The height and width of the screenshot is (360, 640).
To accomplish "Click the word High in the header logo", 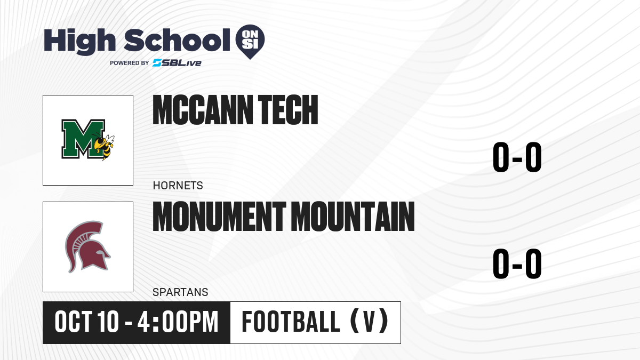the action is click(80, 42).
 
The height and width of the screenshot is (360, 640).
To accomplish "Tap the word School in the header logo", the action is click(177, 40).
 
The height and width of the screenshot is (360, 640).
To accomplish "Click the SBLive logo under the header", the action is click(177, 63).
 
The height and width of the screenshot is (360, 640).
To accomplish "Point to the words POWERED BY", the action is click(130, 63).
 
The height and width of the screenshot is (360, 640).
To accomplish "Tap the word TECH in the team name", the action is click(288, 110).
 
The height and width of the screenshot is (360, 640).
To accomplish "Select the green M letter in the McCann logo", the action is click(83, 139).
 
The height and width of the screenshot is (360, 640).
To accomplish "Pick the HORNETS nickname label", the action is click(178, 186).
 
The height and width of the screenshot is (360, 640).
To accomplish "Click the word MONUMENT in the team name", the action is click(219, 217).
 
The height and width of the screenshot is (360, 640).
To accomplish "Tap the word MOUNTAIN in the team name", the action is click(353, 217).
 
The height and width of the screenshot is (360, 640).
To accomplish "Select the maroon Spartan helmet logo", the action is click(87, 247).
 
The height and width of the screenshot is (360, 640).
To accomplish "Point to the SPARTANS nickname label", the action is click(180, 292).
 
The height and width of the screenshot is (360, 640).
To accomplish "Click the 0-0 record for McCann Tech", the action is click(517, 157).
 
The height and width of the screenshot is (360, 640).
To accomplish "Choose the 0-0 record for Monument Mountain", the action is click(517, 263).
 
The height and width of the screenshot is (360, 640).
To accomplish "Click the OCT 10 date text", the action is click(86, 322).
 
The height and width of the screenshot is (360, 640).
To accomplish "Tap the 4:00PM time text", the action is click(178, 322).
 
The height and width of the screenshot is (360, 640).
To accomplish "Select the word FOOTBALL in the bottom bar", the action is click(291, 322).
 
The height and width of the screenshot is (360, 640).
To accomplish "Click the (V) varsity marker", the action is click(369, 321).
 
